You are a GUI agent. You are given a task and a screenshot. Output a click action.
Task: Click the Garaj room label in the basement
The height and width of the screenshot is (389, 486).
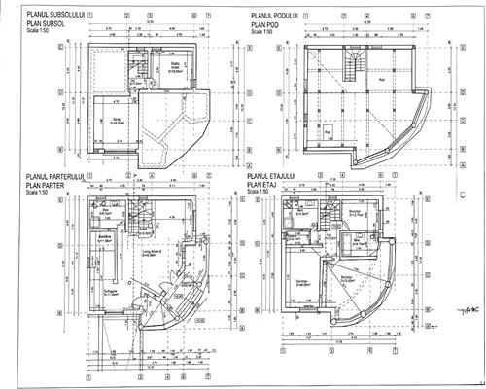(x=114, y=122)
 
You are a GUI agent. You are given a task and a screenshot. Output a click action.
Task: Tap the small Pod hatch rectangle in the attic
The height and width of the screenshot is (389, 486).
(x=328, y=130)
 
